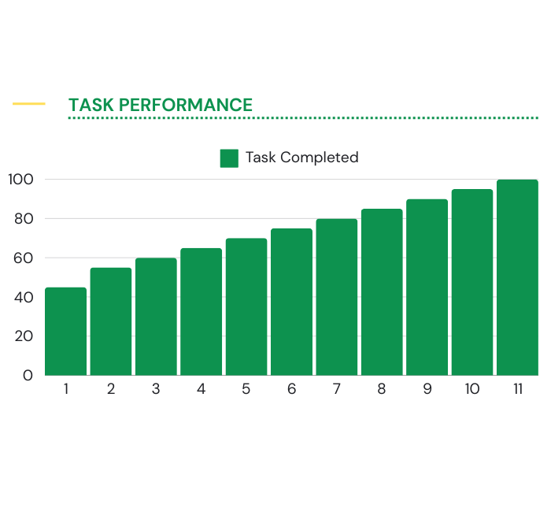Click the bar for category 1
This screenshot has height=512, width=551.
65,331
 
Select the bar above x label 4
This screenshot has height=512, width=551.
201,311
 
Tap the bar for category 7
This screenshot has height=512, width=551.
337,297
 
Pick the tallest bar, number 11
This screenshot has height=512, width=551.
517,277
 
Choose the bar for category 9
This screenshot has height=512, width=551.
427,287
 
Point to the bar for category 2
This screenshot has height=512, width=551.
110,321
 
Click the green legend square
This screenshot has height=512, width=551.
230,158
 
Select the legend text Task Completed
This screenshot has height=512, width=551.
301,158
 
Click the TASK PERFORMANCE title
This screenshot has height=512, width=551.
161,105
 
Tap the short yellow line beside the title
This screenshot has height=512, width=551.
29,104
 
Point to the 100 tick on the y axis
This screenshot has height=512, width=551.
21,180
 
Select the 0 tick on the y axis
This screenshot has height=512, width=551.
28,376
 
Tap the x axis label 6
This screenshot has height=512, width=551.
291,389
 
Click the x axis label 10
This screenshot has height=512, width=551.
471,389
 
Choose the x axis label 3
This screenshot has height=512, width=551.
156,389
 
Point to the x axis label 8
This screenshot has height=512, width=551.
382,389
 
